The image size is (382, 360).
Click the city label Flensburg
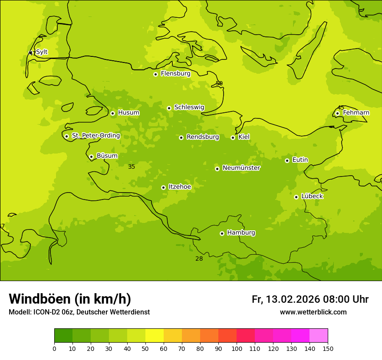click(x=175, y=74)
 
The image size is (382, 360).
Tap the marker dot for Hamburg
click(x=222, y=233)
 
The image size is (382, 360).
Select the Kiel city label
click(x=244, y=137)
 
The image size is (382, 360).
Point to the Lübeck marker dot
click(x=296, y=197)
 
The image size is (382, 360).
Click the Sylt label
click(x=42, y=52)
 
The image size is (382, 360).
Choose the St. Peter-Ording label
click(x=95, y=136)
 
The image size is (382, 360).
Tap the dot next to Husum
click(x=112, y=113)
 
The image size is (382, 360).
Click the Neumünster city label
click(x=241, y=168)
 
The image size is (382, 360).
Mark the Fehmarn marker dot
click(x=337, y=113)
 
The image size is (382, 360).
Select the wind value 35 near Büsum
click(x=132, y=167)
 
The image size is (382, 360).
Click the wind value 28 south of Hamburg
click(x=199, y=259)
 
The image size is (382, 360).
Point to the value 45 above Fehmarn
click(x=341, y=108)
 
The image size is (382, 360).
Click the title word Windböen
click(x=40, y=299)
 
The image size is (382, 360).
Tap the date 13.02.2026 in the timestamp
click(x=293, y=299)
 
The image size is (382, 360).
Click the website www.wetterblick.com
click(x=313, y=312)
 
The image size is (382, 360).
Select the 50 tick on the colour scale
click(x=145, y=348)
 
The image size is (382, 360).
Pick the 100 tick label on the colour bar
click(x=237, y=348)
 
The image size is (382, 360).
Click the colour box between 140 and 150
click(x=319, y=336)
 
